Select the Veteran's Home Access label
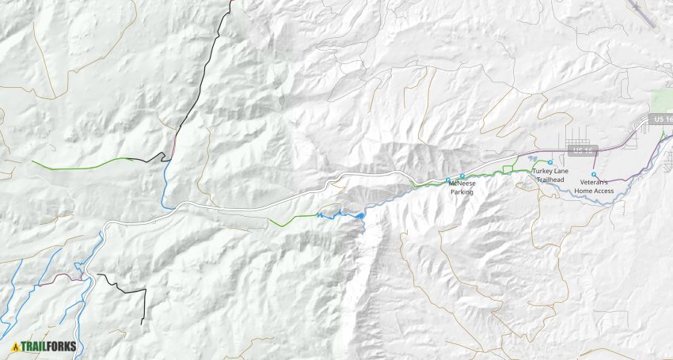point(594,187)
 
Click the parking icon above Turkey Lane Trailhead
point(549,162)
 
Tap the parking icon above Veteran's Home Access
point(594,174)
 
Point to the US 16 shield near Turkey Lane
point(580,150)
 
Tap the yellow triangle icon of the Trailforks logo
point(15,346)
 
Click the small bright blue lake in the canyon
point(360,215)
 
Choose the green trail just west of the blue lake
point(293,218)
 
